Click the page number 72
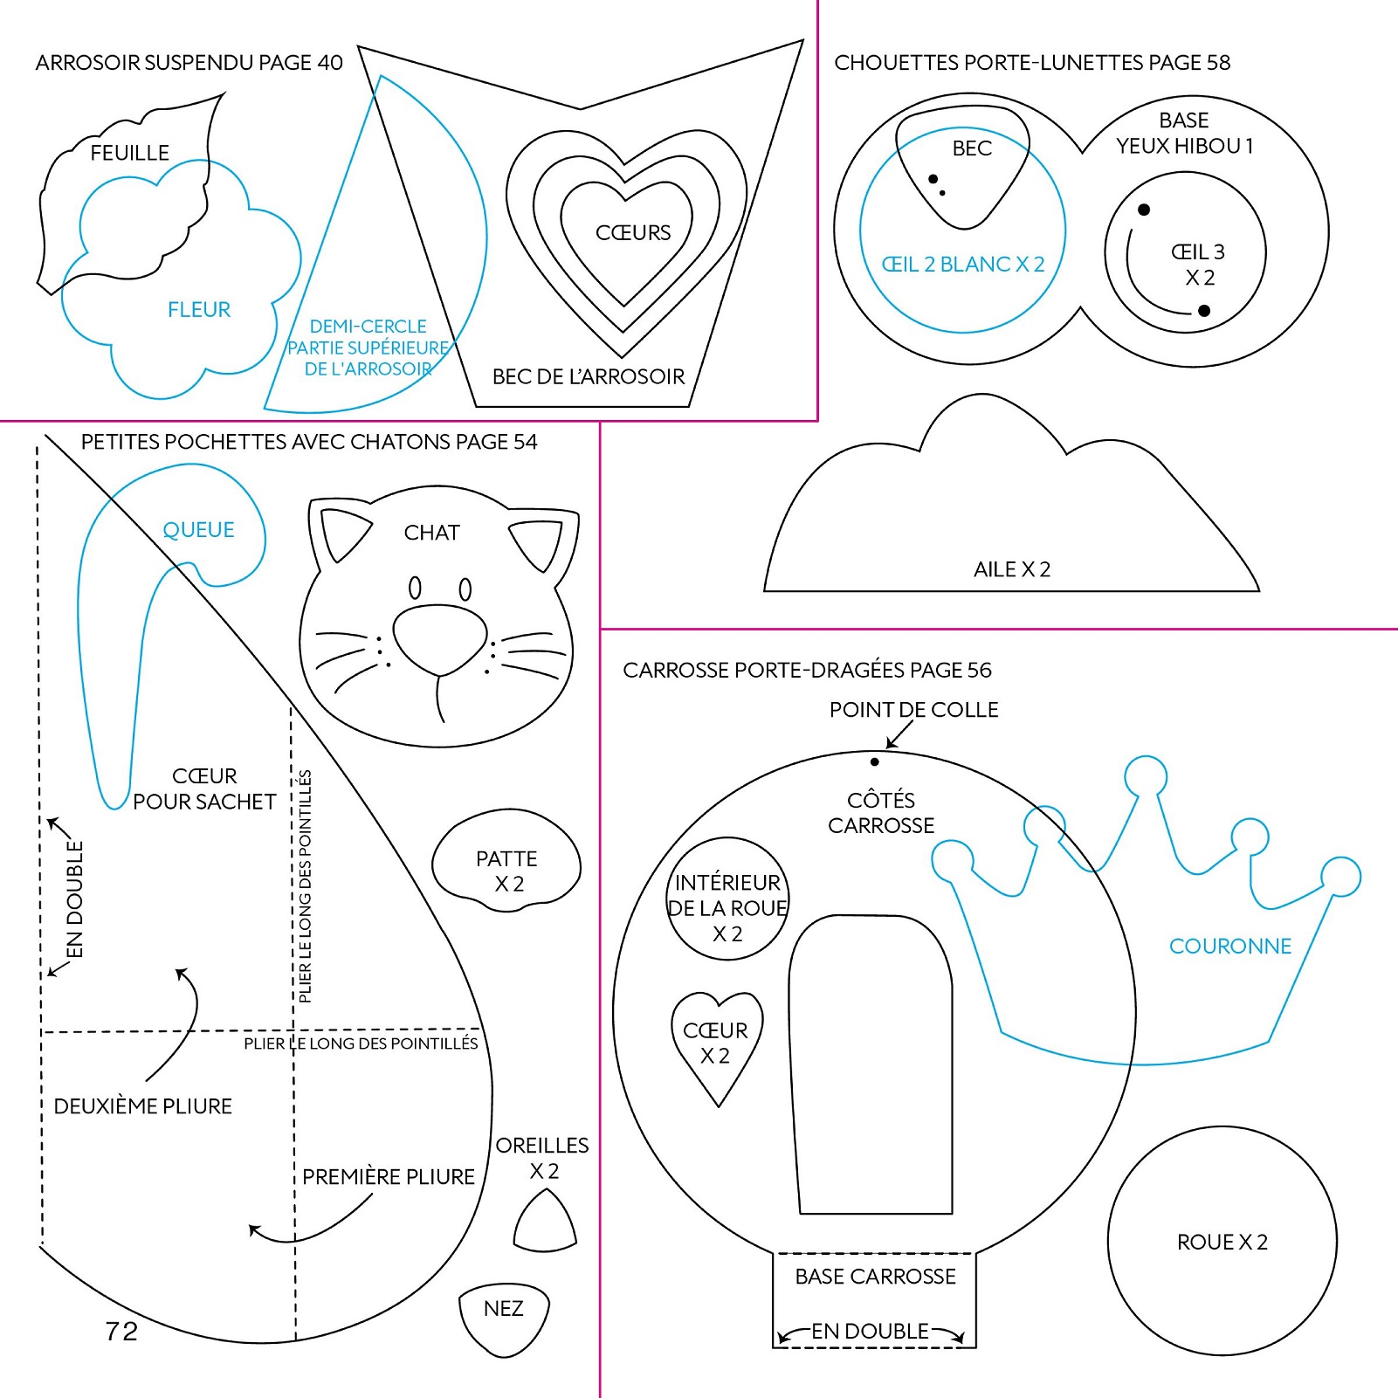(x=121, y=1331)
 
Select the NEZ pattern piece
(x=504, y=1316)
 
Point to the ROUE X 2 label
(x=1222, y=1242)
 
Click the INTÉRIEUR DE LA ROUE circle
(x=727, y=899)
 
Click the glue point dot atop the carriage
(x=874, y=761)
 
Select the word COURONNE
(x=1229, y=946)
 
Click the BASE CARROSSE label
(x=875, y=1277)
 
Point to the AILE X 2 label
(x=1011, y=569)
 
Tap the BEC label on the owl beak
(x=972, y=148)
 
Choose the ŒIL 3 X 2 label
(x=1198, y=265)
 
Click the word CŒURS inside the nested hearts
(x=633, y=232)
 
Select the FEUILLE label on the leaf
(x=129, y=153)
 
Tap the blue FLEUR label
(x=199, y=309)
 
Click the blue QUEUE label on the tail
(x=198, y=529)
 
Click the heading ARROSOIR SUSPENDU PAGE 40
(x=189, y=62)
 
